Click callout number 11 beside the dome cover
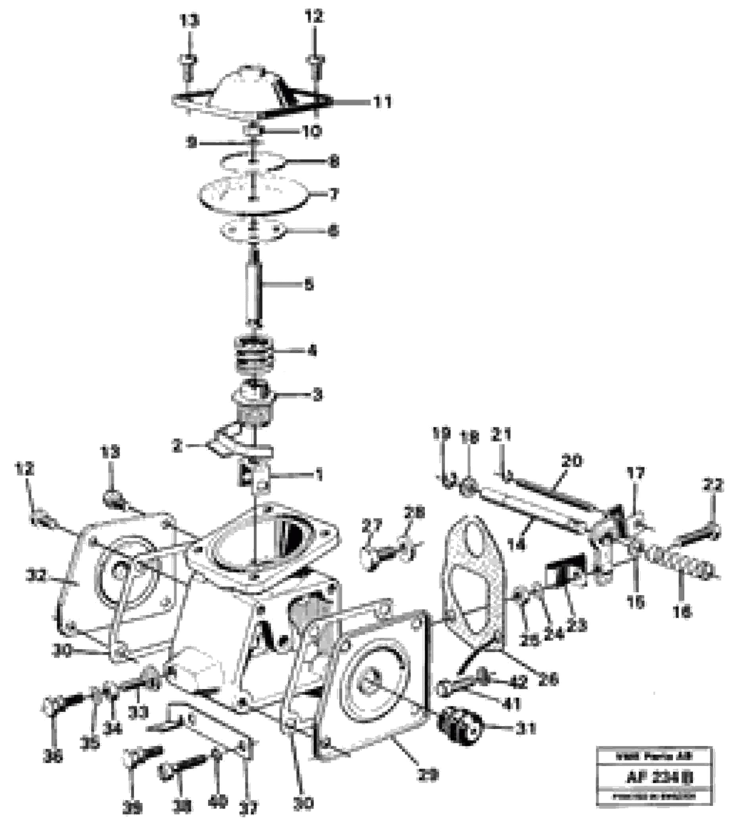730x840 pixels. [382, 102]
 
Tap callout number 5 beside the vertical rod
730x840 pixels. [309, 285]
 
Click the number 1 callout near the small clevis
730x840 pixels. [319, 474]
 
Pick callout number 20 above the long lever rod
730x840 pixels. [572, 461]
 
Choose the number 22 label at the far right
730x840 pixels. [712, 485]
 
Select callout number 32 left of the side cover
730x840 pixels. [36, 576]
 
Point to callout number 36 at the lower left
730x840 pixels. [52, 758]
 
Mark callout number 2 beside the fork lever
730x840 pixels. [177, 447]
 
